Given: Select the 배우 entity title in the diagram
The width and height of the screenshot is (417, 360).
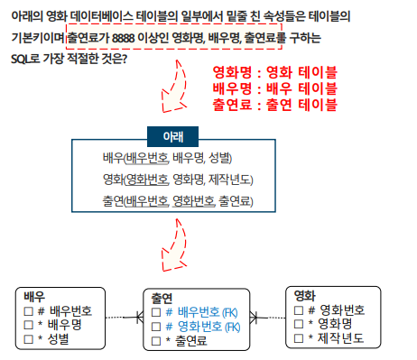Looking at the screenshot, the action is pos(34,297).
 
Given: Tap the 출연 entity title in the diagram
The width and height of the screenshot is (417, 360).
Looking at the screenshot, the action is pos(162,298).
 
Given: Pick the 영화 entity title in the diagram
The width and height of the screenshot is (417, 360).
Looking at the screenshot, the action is pos(307,295).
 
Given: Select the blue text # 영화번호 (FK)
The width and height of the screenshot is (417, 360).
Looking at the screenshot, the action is pos(202,326).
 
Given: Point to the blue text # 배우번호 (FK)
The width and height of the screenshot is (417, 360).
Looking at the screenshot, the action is pos(202,311).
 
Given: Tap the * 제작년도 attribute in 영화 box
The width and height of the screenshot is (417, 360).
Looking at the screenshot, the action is pos(336,338).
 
